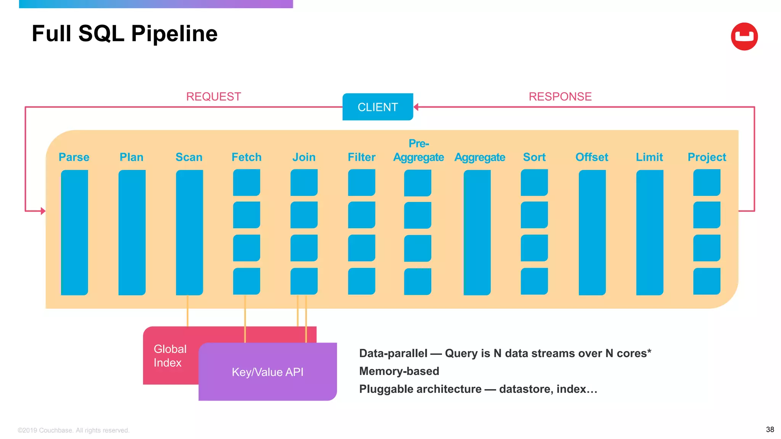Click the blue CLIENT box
378,107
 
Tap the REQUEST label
213,97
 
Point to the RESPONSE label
560,97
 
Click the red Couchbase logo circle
744,37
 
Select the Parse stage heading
74,157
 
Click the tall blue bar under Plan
132,232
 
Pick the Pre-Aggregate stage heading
418,151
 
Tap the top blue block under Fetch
246,183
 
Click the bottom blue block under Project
707,281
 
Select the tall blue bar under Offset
592,232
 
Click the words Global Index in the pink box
170,356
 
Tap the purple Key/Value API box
268,372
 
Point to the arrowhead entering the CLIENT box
416,107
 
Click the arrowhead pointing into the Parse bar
43,211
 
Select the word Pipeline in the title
174,34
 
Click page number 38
770,429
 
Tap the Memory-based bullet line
399,371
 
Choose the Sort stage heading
534,157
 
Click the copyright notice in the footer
74,430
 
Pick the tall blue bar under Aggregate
477,232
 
